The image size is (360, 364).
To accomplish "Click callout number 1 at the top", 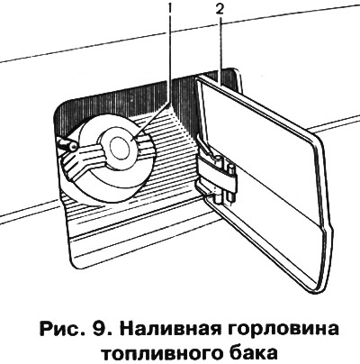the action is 170,10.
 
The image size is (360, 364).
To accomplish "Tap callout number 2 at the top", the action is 220,10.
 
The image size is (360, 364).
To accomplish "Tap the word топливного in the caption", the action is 160,353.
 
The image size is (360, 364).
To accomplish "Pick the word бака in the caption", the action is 252,352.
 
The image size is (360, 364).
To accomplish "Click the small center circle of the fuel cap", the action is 120,146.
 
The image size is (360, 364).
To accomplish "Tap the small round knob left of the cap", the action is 73,146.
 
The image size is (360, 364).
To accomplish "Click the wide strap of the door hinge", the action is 217,173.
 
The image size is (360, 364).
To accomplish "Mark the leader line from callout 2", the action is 221,50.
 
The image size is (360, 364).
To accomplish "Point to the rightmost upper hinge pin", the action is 231,169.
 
